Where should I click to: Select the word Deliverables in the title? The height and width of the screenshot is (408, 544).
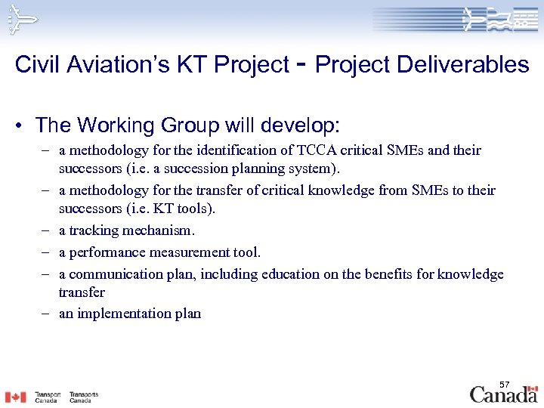point(464,65)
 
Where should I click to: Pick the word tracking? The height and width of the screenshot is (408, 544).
point(94,231)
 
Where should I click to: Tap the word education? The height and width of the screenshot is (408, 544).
point(291,274)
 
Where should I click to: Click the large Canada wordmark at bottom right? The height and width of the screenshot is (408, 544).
point(504,394)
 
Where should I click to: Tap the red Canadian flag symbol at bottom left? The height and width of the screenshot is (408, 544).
point(15,397)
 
